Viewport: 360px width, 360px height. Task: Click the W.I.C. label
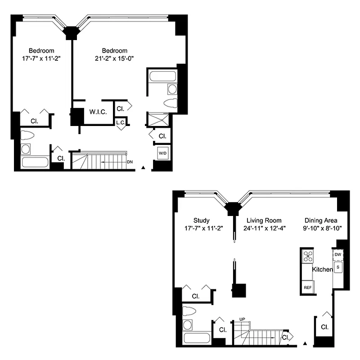98,112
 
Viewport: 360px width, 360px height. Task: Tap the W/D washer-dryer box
162,153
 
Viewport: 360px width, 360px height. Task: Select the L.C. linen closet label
120,122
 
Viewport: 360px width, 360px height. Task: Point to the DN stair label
130,161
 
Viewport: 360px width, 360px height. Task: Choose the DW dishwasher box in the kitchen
338,255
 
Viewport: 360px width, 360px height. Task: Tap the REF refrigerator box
308,287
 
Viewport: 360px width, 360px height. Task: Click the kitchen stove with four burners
308,256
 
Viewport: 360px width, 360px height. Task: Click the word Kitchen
322,270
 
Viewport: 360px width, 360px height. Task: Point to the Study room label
201,220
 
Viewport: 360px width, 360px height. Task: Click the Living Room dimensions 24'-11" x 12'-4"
264,228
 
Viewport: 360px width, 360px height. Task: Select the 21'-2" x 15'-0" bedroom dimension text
114,58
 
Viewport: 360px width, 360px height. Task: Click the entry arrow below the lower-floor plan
306,344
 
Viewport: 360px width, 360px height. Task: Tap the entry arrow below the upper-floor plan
143,167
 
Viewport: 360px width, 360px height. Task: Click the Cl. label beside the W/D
162,135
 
